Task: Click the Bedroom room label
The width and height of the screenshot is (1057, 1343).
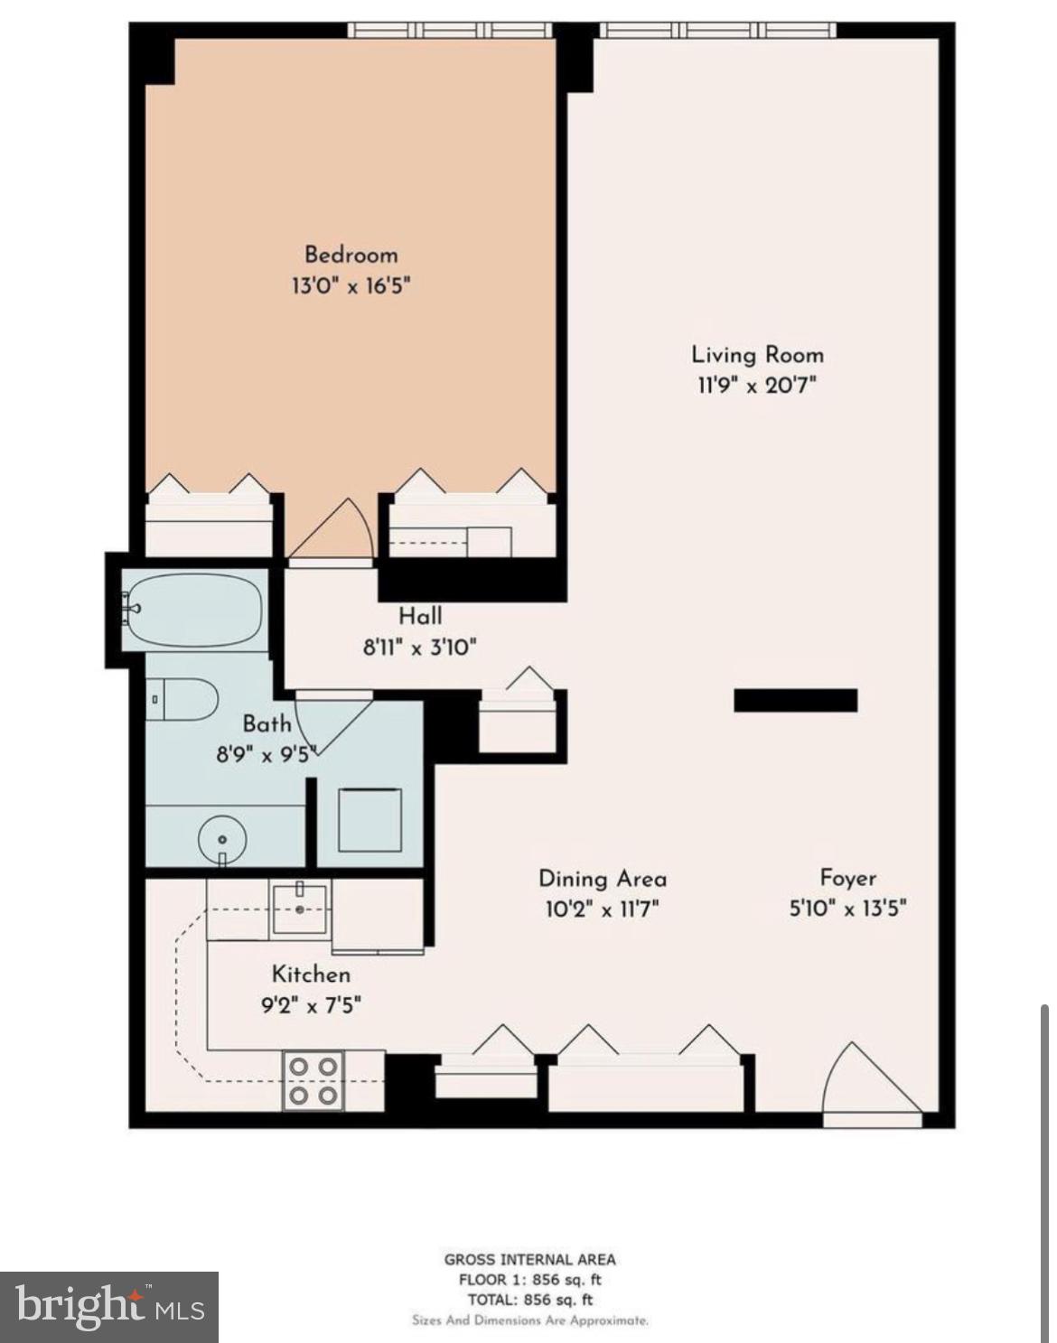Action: (x=351, y=255)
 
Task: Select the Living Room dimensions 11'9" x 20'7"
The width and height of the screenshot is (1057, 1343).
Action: (x=756, y=386)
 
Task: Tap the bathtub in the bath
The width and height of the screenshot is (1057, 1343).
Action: (x=194, y=610)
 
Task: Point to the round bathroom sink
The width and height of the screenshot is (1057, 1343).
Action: (x=221, y=839)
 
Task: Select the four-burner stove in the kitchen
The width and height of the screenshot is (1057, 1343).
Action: (x=313, y=1081)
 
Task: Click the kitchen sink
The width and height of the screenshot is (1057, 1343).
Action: (x=301, y=909)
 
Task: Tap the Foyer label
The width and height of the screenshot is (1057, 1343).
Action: (x=847, y=878)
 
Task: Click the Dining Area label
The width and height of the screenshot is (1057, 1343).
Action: (x=602, y=879)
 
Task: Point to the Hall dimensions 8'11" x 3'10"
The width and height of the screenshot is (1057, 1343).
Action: (x=419, y=647)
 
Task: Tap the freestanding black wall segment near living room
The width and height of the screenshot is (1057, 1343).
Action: (x=795, y=700)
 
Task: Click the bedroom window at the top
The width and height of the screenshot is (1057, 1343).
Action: (x=450, y=31)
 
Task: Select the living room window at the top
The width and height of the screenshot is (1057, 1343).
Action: (x=717, y=31)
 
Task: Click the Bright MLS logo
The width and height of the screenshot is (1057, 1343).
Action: (x=109, y=1307)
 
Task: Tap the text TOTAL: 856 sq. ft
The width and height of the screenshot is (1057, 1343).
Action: (x=529, y=1300)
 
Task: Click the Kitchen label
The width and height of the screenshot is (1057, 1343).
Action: (x=311, y=975)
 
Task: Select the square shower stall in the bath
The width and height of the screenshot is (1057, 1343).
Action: (x=369, y=819)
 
